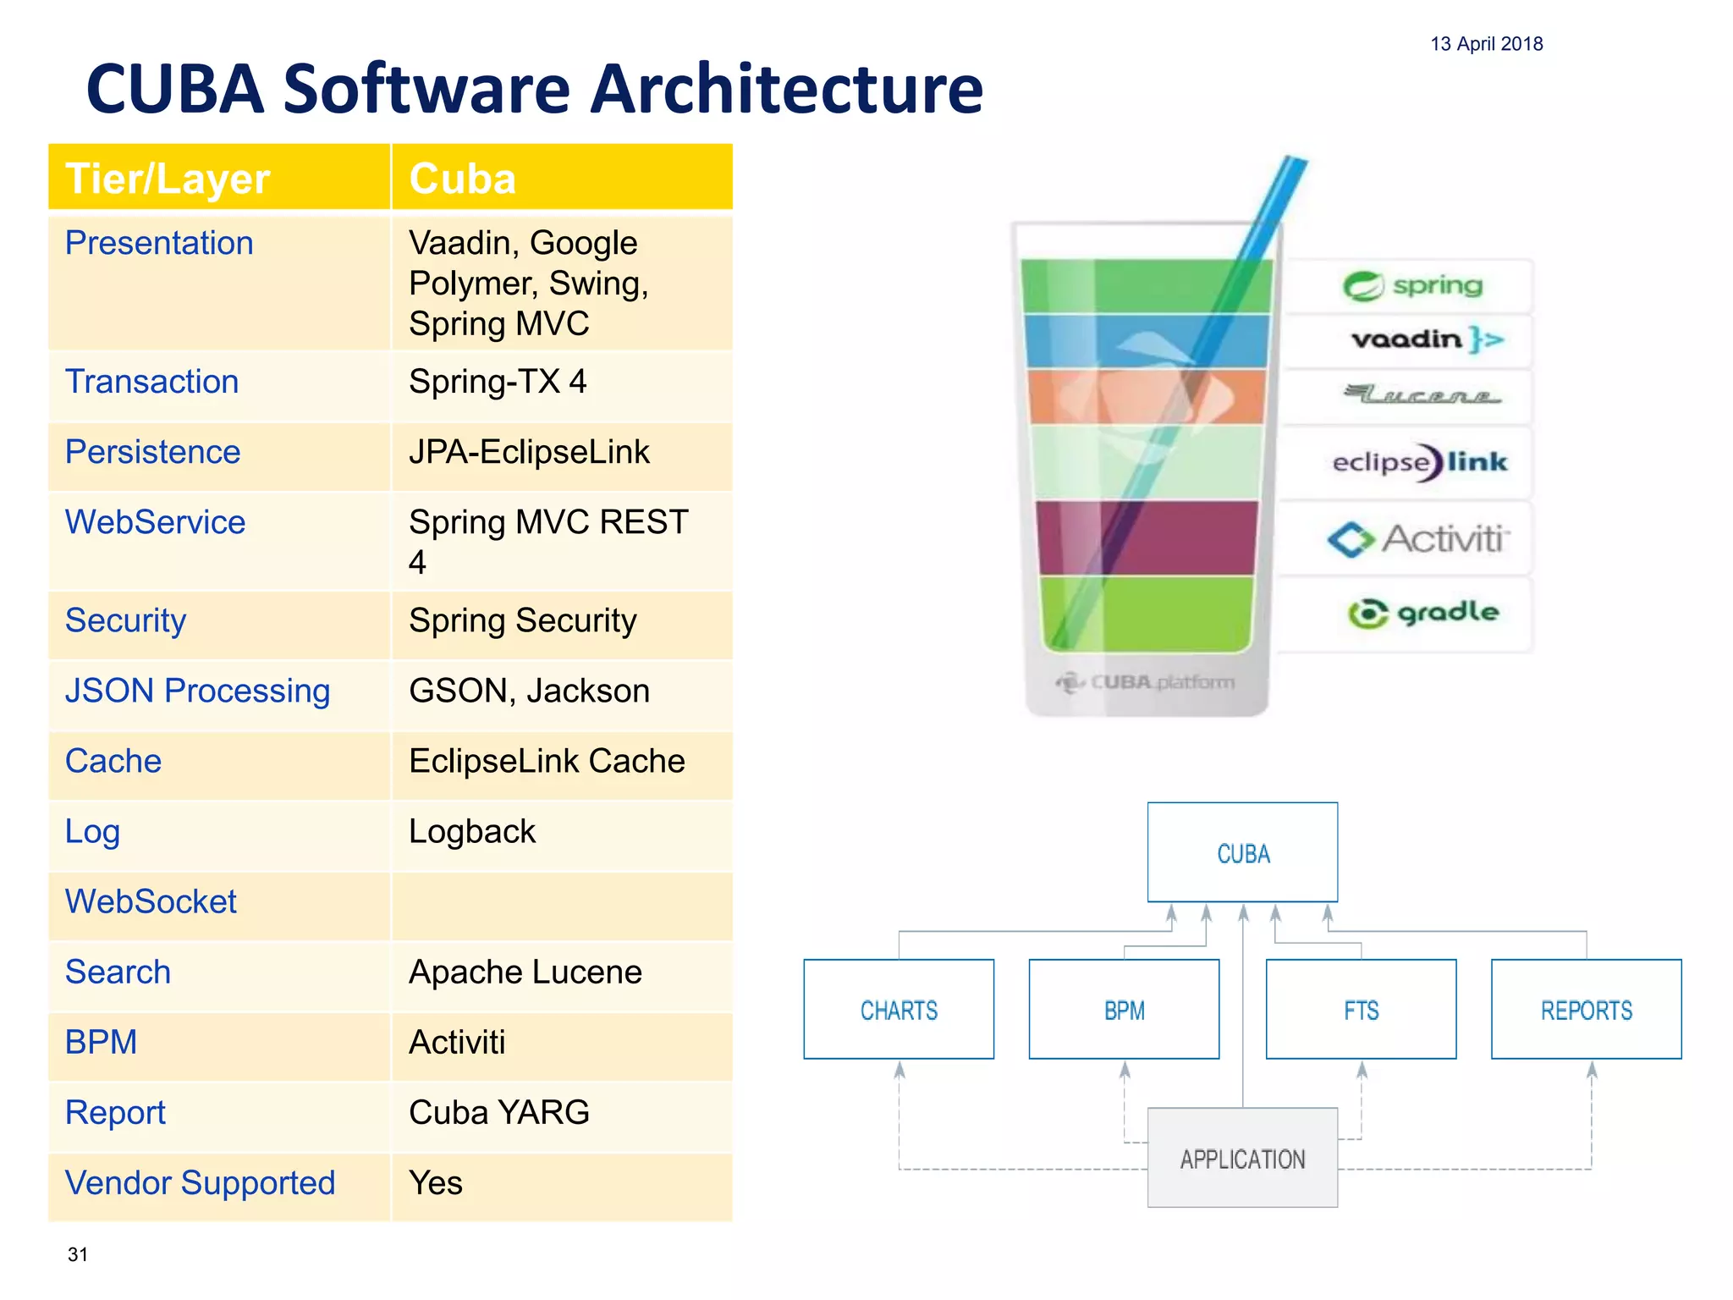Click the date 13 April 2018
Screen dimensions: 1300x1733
pos(1486,44)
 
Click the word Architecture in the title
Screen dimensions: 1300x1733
pos(786,90)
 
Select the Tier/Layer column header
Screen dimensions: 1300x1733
pos(168,179)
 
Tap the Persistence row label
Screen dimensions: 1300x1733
pos(153,452)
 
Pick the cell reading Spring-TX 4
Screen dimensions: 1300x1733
pos(498,382)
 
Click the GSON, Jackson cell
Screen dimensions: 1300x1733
pos(529,691)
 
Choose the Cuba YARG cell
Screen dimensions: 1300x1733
pos(499,1113)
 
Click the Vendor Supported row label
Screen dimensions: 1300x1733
pos(201,1183)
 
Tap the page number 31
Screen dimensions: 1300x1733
pos(78,1254)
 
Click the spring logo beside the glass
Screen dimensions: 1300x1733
pos(1412,286)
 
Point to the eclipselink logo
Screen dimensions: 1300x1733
pos(1419,462)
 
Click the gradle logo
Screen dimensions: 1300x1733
pos(1422,613)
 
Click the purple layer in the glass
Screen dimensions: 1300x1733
pos(1147,537)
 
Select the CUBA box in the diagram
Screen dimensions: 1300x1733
pos(1242,853)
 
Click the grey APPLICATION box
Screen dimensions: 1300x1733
pos(1242,1159)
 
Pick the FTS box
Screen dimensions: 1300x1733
pos(1361,1010)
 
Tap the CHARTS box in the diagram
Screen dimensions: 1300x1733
pos(899,1010)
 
